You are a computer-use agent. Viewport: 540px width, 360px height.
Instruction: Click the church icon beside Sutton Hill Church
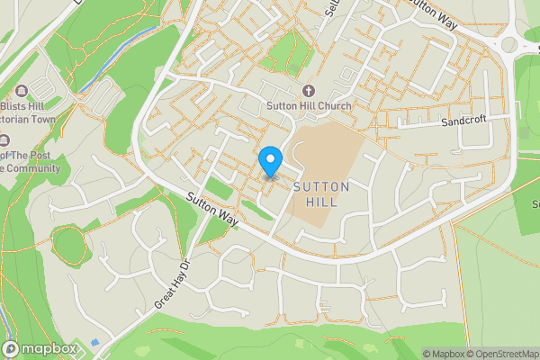click(x=309, y=90)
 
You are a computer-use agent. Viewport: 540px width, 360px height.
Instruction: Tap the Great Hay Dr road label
click(x=174, y=285)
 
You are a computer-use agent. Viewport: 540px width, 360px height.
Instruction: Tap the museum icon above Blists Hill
click(x=22, y=89)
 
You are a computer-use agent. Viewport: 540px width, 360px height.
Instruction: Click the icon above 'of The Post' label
click(x=4, y=139)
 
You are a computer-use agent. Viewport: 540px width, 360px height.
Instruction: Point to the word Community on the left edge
click(x=33, y=168)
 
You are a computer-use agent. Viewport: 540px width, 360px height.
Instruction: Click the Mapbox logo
click(x=40, y=348)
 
